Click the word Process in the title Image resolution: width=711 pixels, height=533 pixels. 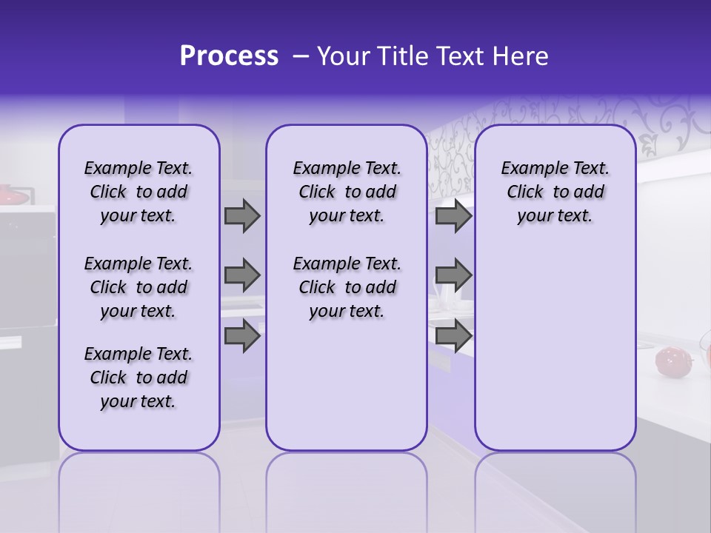(229, 56)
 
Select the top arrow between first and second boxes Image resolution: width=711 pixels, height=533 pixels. (242, 215)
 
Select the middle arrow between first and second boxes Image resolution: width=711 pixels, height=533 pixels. (242, 275)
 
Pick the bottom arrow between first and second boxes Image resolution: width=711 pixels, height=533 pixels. (242, 336)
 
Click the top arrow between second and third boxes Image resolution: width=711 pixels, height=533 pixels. (453, 215)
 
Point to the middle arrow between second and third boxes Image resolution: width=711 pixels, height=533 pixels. (453, 275)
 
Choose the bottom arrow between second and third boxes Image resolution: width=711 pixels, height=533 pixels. (453, 336)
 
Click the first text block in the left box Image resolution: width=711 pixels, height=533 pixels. (138, 192)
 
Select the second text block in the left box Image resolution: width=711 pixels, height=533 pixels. (138, 287)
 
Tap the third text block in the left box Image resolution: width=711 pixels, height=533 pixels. (138, 378)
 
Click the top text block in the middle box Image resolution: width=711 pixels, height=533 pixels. (347, 192)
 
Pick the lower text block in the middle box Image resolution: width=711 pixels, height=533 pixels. (347, 287)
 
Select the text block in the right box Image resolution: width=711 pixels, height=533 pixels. (555, 192)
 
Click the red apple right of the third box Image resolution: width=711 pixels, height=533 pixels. (671, 361)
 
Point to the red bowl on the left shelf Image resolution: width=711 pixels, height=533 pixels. (13, 195)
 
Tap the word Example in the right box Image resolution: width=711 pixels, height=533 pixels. (528, 169)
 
